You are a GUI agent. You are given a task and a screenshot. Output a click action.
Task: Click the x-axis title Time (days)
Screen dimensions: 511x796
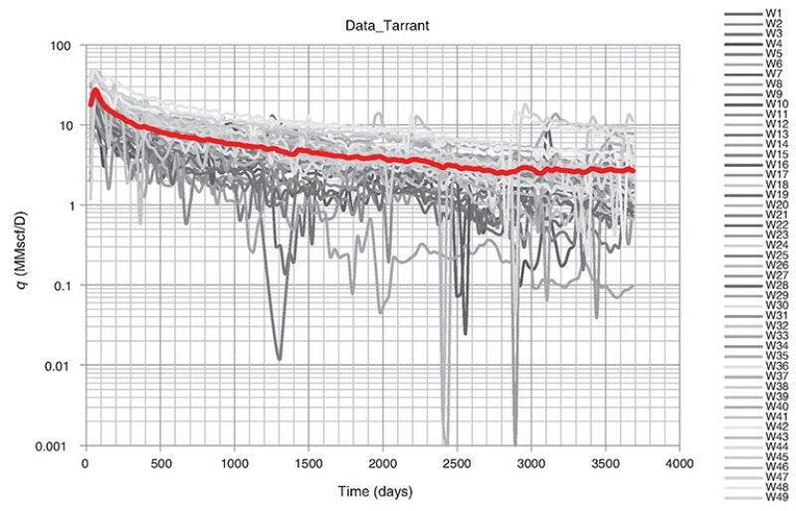point(381,491)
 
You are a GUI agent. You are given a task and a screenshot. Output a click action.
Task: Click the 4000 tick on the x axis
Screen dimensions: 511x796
point(681,463)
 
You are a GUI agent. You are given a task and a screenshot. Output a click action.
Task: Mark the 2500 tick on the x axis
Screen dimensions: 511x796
point(457,463)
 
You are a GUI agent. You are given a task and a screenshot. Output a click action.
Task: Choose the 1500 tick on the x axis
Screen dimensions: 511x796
point(307,463)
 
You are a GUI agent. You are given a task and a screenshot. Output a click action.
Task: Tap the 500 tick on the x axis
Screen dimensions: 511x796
point(158,463)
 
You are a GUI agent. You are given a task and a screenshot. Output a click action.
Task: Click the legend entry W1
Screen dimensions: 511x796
point(772,12)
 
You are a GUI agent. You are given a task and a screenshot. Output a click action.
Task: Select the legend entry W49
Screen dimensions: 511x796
point(775,495)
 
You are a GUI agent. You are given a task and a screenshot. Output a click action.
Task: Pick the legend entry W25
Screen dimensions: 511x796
point(775,254)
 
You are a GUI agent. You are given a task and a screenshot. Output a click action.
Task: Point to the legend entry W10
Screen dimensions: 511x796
point(775,102)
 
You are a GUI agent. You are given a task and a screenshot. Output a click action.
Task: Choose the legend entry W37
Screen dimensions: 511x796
point(775,375)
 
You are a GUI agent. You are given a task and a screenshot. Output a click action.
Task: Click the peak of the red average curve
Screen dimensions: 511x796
point(96,90)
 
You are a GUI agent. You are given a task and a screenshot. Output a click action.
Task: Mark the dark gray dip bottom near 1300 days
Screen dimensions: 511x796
point(280,358)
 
